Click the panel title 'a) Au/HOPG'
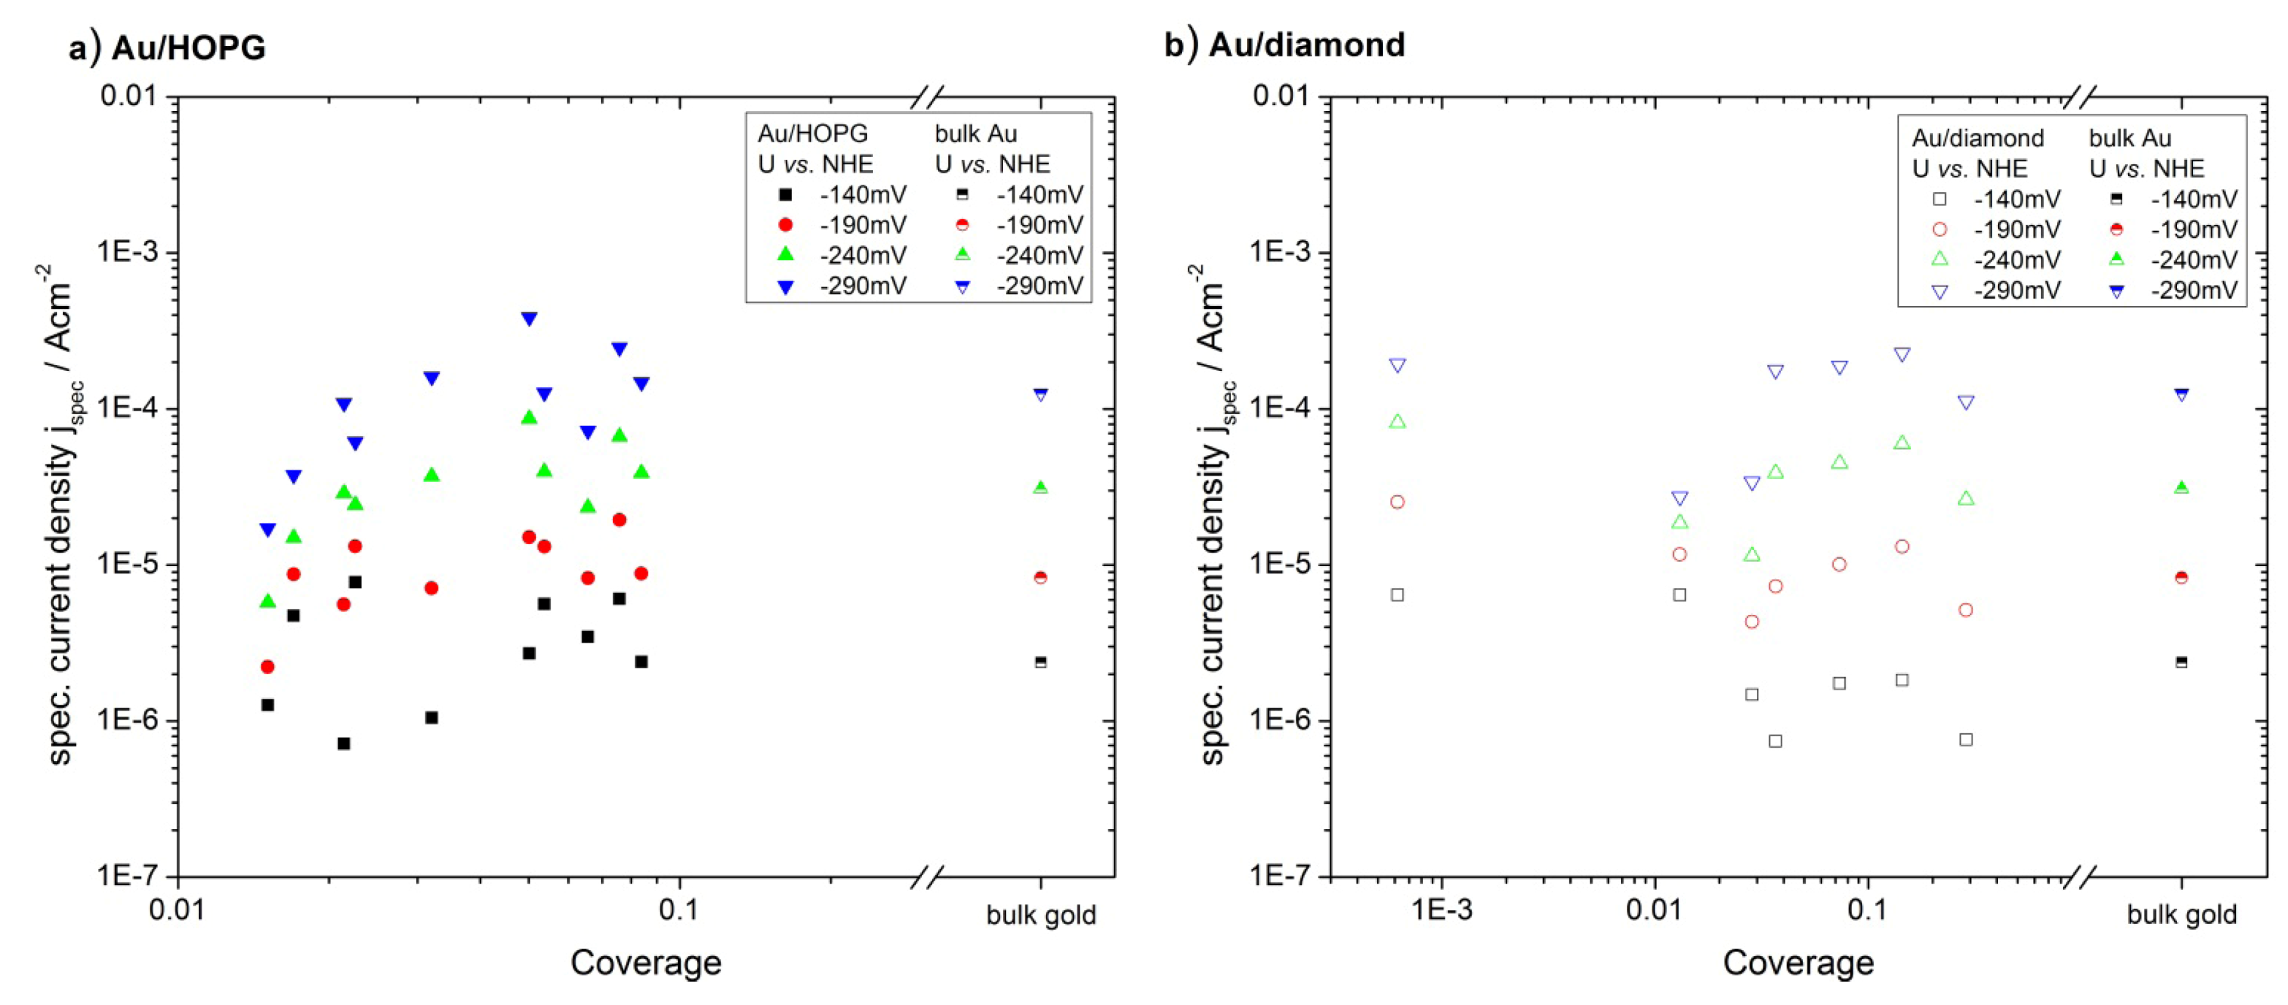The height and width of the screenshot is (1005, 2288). point(167,47)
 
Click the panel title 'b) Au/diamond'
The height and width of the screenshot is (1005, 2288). point(1284,45)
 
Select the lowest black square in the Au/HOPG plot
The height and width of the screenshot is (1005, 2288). point(343,743)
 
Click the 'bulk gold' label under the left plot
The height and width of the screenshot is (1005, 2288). point(1041,914)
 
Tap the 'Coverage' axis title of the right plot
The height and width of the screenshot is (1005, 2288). point(1798,962)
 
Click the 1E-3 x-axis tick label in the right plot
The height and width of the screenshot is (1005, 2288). point(1441,910)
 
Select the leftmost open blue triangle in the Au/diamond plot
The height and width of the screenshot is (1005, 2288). point(1397,366)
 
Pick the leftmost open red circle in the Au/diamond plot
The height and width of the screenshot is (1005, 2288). point(1397,502)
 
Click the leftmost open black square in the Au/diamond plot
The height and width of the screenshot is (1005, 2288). point(1397,595)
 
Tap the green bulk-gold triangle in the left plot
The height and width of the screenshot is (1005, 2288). point(1041,486)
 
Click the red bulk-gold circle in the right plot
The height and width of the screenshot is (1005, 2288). point(2182,577)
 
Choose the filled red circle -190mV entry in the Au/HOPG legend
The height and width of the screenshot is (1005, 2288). point(785,225)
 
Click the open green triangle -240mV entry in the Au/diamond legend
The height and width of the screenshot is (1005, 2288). point(1940,259)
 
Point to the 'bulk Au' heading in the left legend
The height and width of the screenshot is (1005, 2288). point(975,133)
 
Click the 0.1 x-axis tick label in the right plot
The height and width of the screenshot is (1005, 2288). point(1867,910)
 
